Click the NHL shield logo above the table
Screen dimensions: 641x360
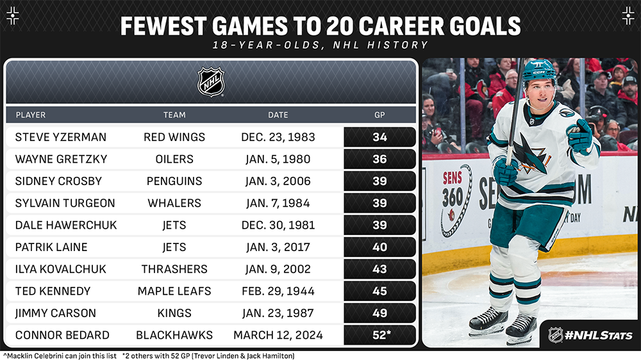[211, 82]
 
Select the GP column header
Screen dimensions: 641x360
[379, 115]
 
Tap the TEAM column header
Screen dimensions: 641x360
[174, 115]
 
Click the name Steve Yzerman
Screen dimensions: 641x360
[60, 137]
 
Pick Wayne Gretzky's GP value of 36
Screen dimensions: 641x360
[379, 159]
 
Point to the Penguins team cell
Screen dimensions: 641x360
[174, 181]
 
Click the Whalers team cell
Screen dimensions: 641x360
[174, 203]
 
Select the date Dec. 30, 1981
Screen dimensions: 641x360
[278, 225]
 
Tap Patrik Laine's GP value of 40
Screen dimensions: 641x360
[379, 247]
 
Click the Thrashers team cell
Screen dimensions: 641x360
[174, 269]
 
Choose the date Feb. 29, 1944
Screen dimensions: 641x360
[278, 291]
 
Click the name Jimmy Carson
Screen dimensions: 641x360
[56, 313]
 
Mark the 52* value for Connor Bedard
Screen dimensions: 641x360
[381, 335]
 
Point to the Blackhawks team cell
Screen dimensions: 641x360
[174, 336]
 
